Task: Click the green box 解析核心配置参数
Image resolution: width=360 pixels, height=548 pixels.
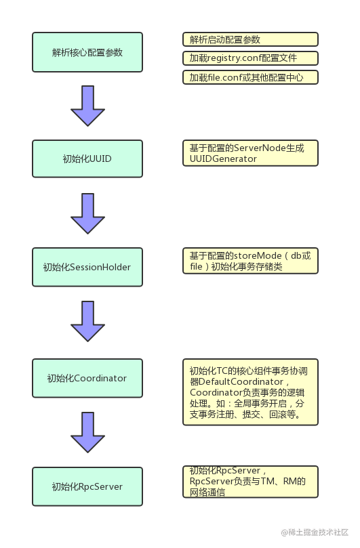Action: [87, 52]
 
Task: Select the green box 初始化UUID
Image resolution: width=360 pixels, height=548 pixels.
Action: [87, 159]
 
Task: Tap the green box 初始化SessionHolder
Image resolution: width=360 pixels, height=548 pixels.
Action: [87, 267]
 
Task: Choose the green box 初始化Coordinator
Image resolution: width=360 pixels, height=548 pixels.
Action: [87, 378]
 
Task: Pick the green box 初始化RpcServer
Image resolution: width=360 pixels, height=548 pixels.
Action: [87, 486]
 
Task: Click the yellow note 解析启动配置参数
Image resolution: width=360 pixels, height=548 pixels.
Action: [250, 39]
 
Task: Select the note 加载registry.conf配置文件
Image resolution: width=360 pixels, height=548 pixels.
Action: [250, 58]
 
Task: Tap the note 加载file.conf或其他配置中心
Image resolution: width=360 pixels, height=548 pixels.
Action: [250, 77]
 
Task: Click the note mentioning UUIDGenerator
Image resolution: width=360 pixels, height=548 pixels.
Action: [250, 153]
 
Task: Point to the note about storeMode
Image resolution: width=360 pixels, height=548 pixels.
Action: [250, 261]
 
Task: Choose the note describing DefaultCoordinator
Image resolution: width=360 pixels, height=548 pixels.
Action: [250, 392]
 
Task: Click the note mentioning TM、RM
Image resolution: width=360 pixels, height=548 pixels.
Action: [250, 482]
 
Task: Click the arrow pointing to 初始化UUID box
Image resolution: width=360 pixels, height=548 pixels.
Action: [88, 106]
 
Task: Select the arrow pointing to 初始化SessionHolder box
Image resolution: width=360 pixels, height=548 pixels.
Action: [88, 213]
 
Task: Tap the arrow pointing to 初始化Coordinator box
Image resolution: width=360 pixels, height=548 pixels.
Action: [88, 321]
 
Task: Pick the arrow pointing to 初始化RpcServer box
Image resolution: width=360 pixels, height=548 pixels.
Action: [88, 432]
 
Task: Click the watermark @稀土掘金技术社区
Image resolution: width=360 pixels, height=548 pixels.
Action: [315, 532]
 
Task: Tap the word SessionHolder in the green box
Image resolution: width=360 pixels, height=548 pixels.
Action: [100, 267]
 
